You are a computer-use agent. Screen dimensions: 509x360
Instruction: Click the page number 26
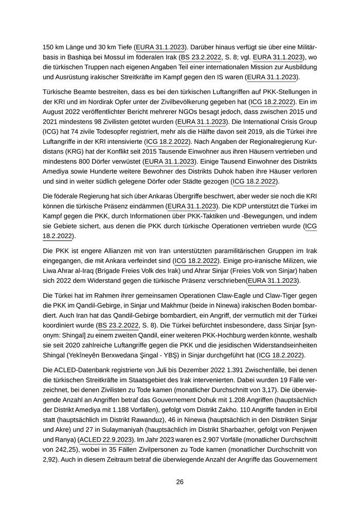tap(180, 482)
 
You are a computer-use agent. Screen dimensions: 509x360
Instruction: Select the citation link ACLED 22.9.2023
tap(105, 440)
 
